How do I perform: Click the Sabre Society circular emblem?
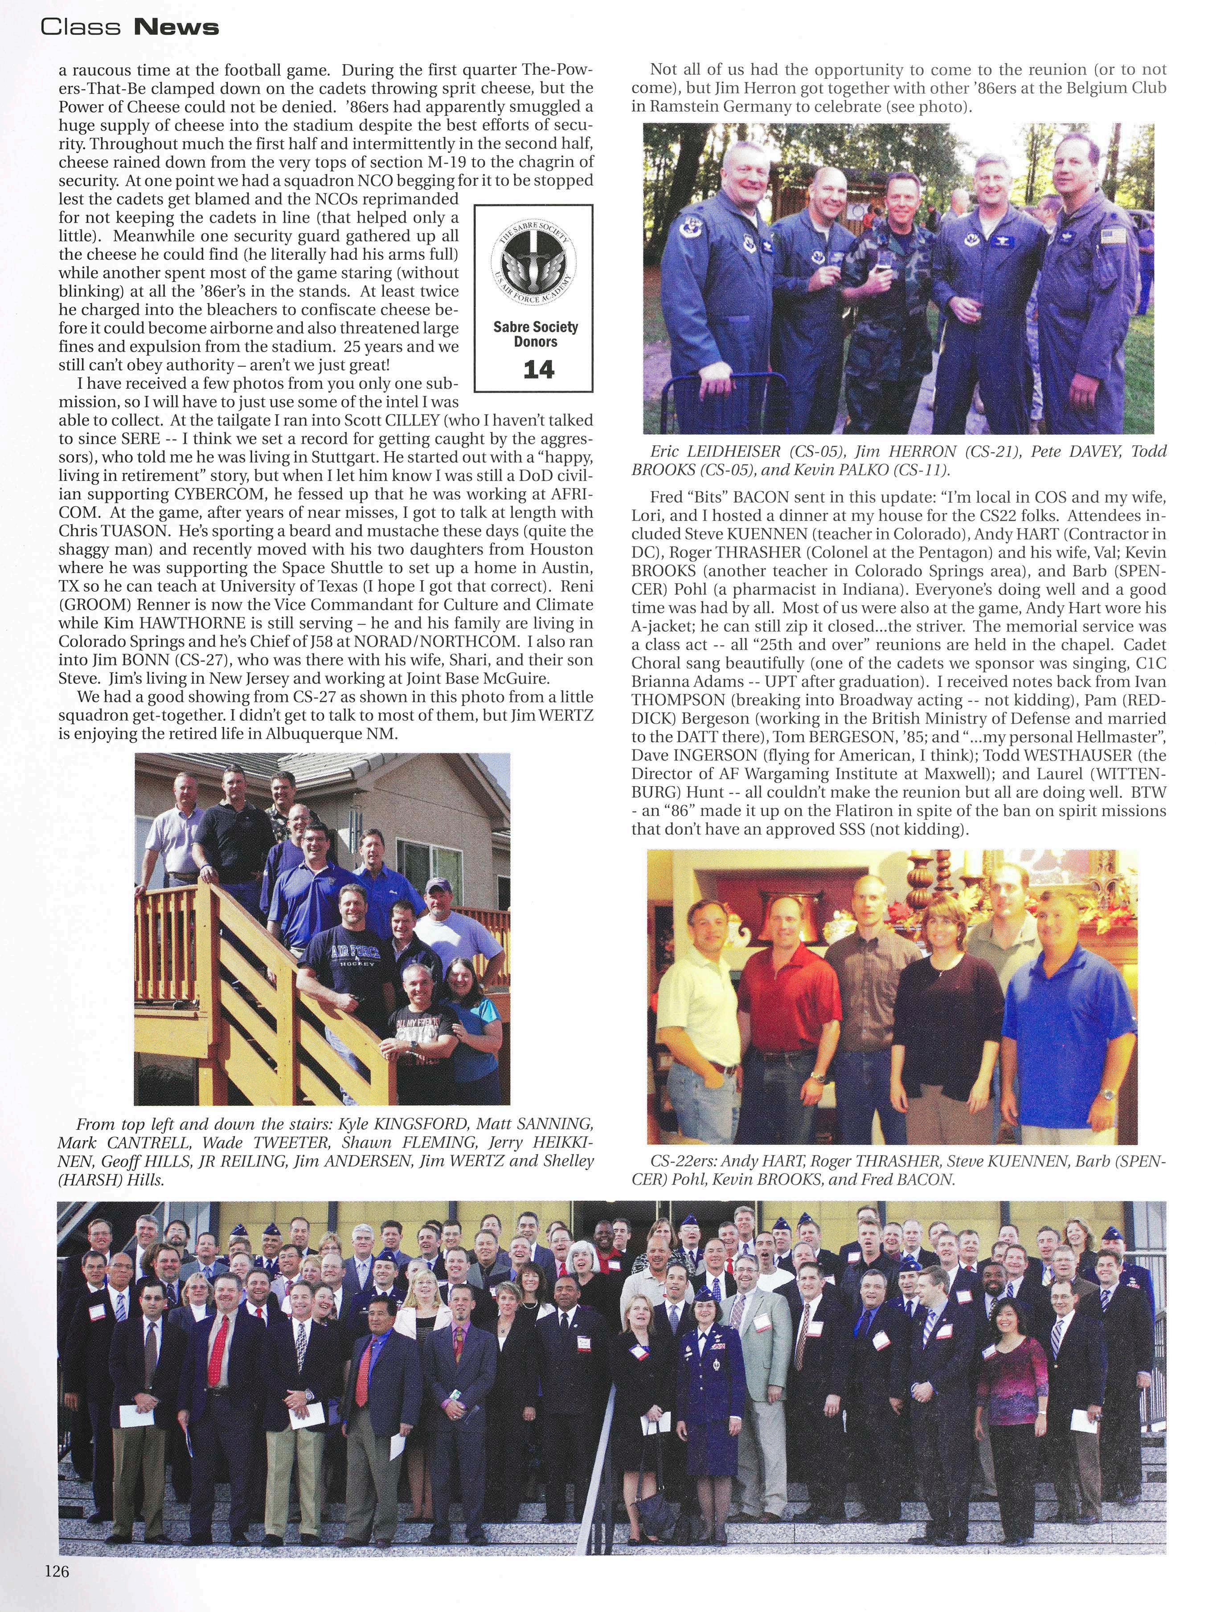click(x=534, y=268)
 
